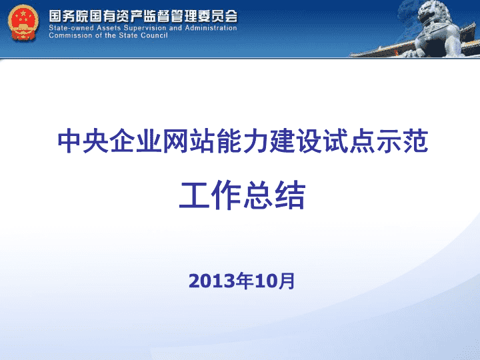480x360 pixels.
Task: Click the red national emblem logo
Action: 23,23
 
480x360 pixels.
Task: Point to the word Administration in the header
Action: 211,28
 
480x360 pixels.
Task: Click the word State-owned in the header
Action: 71,28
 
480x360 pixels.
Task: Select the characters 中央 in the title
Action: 83,141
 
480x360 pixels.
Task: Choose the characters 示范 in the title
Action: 402,141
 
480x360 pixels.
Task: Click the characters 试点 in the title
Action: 349,141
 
